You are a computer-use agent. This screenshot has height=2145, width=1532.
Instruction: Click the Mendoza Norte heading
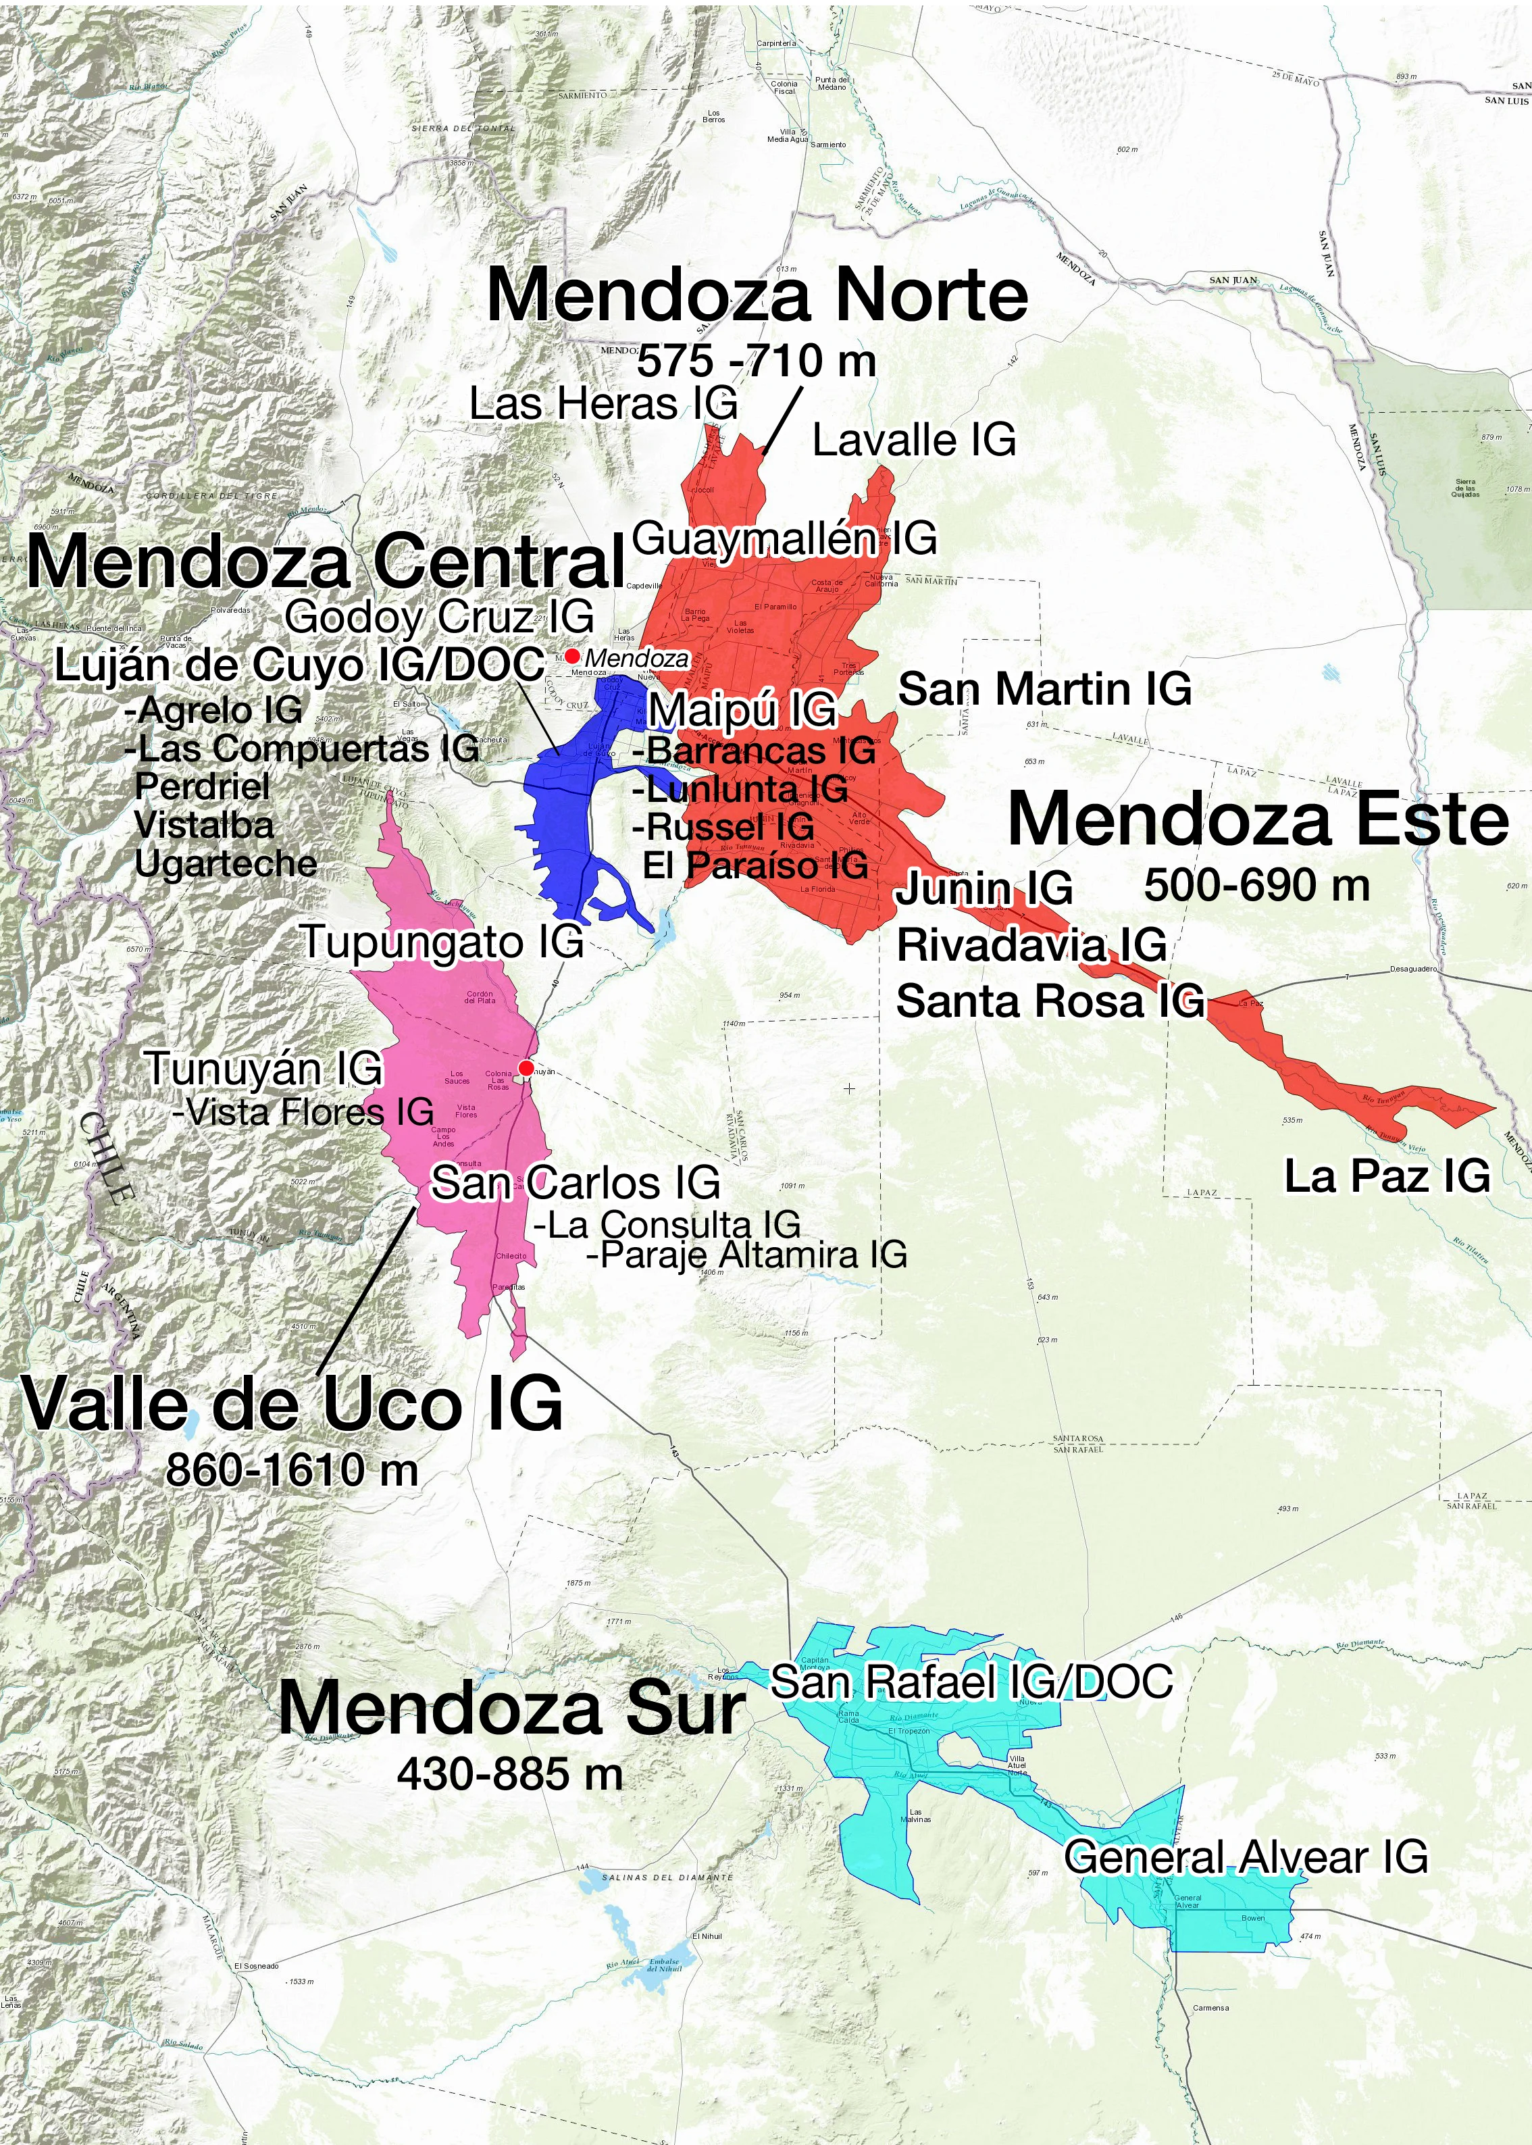[x=757, y=295]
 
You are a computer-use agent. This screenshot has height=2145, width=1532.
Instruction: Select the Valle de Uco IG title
[x=292, y=1405]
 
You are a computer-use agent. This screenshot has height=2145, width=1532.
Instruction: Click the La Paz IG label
[x=1387, y=1176]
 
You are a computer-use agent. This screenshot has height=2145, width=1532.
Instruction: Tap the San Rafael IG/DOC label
[x=971, y=1681]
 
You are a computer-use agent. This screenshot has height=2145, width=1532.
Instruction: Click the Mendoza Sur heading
[x=512, y=1709]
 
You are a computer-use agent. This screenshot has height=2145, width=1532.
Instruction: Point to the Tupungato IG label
[x=442, y=941]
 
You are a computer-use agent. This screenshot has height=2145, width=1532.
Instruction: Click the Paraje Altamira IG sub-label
[x=747, y=1255]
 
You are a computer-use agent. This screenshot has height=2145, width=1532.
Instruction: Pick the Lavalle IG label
[x=914, y=440]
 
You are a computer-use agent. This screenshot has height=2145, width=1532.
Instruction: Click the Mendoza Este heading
[x=1258, y=819]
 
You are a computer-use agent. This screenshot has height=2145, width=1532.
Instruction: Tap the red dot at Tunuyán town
[x=526, y=1067]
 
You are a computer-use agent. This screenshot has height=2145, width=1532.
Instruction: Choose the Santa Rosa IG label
[x=1050, y=1001]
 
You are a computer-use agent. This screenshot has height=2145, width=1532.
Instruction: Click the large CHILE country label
[x=107, y=1159]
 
